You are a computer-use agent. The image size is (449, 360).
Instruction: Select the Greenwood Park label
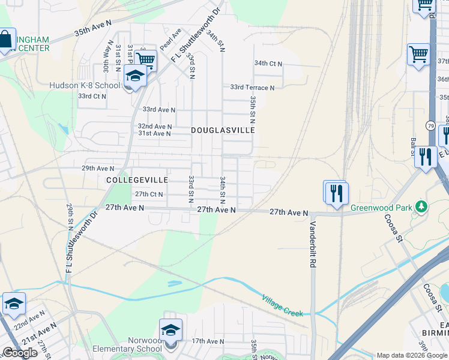point(383,208)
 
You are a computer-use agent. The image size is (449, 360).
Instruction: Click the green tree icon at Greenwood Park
point(421,206)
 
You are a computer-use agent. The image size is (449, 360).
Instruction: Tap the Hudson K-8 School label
point(85,85)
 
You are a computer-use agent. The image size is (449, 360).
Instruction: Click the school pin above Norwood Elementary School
point(170,330)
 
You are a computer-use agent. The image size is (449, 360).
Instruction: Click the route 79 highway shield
point(430,125)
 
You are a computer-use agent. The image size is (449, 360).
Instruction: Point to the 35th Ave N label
point(93,27)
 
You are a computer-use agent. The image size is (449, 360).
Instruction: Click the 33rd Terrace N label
point(252,88)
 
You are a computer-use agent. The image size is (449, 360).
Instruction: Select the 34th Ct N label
point(268,63)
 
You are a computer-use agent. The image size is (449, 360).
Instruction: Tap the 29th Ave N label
point(97,169)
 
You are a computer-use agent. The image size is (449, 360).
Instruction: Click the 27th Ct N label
point(148,194)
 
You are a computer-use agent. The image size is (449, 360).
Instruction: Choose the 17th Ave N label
point(207,341)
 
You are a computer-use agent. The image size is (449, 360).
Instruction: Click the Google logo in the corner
point(20,353)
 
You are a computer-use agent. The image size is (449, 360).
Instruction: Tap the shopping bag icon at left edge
point(6,40)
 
